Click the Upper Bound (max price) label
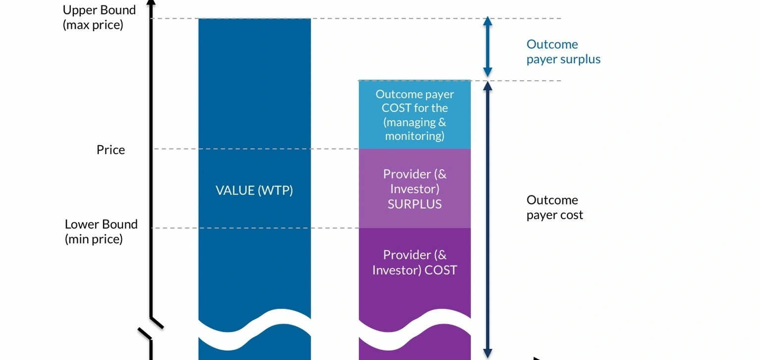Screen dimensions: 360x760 click(x=99, y=17)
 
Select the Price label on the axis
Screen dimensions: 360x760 click(x=110, y=150)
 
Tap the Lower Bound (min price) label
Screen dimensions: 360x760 click(x=101, y=231)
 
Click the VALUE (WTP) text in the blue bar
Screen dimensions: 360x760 click(x=254, y=190)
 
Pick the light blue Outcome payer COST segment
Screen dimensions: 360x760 click(x=415, y=115)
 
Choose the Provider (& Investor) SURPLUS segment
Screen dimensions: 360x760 click(x=415, y=189)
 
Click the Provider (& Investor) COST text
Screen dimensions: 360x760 click(x=415, y=262)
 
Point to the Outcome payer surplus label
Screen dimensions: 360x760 click(x=563, y=51)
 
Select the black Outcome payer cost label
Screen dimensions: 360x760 click(x=554, y=207)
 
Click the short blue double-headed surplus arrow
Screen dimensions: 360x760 click(x=488, y=47)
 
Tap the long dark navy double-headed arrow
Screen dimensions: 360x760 click(x=488, y=218)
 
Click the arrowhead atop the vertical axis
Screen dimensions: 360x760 click(x=151, y=2)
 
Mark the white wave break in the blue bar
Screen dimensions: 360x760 click(x=254, y=327)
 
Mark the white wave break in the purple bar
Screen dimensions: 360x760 click(x=415, y=327)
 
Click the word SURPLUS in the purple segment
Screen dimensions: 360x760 click(x=415, y=204)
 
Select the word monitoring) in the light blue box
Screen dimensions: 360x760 click(x=415, y=136)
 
